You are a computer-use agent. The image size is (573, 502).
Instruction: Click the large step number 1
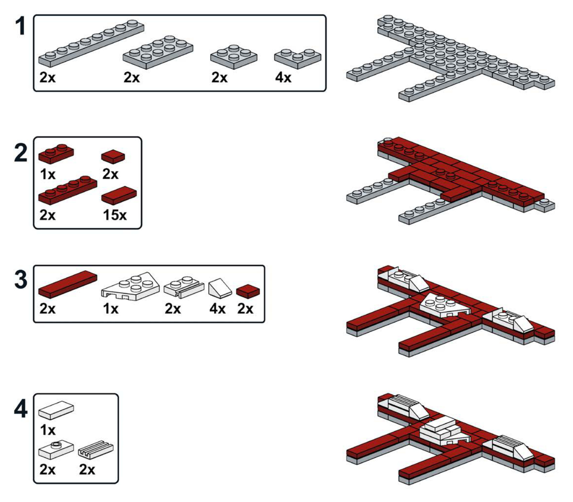point(21,26)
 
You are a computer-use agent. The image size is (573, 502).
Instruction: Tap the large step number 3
point(21,280)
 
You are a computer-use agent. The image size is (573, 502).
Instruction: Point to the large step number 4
point(21,409)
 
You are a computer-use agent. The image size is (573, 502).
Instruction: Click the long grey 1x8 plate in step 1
point(91,43)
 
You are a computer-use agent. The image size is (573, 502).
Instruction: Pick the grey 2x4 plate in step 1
point(158,52)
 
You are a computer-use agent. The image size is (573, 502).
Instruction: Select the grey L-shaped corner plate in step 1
point(298,58)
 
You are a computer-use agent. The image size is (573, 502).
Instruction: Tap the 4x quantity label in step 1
point(283,77)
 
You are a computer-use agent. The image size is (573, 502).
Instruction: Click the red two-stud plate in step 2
point(56,154)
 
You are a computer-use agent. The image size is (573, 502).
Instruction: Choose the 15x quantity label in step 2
point(115,215)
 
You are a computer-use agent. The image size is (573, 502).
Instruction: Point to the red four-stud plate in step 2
point(68,190)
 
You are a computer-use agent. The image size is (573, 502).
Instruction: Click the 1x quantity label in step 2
point(48,174)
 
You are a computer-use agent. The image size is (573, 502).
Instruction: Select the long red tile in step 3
point(68,284)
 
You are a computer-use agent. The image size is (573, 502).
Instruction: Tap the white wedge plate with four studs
point(130,286)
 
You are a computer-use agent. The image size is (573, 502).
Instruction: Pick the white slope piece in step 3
point(220,288)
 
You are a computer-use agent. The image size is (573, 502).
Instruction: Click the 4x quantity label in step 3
point(217,309)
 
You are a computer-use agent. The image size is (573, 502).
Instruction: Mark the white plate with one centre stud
point(56,450)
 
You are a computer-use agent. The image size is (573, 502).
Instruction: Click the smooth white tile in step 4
point(56,410)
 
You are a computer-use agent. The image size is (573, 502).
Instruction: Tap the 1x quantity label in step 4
point(48,431)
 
